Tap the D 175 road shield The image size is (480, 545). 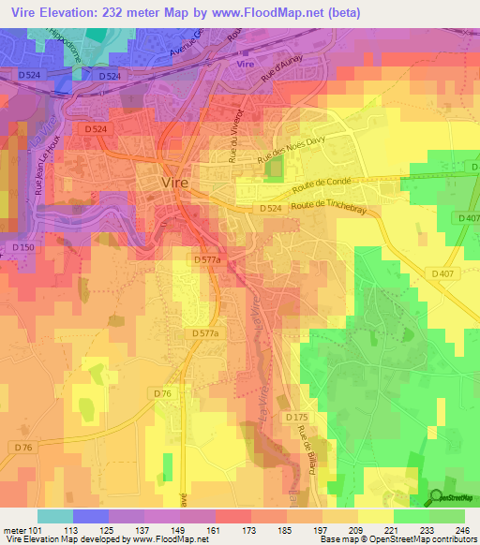(x=295, y=416)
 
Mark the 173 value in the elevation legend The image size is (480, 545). (x=249, y=529)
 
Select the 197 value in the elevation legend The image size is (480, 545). (x=321, y=529)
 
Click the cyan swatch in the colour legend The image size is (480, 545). (x=54, y=516)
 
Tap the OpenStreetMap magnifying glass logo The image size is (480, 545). (x=436, y=497)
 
